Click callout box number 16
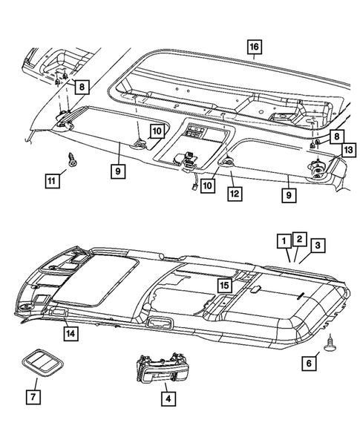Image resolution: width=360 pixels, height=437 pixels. point(254,47)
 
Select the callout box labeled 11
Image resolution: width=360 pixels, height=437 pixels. point(52,181)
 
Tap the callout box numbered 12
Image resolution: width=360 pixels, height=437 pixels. point(235,194)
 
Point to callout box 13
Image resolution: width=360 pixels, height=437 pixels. point(348,151)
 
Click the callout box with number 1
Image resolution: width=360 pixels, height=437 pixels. point(284,241)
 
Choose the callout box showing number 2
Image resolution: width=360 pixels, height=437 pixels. point(299,239)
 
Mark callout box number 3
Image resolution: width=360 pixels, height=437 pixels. point(318,246)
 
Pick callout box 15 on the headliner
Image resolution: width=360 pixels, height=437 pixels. point(225,285)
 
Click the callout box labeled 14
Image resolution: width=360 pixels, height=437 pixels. point(71,334)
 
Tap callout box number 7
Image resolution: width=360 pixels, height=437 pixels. point(33,397)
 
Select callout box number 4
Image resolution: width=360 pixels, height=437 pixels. point(168,399)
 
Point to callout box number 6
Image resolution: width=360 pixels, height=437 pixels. point(309,363)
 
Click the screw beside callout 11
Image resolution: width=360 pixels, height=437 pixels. point(72,160)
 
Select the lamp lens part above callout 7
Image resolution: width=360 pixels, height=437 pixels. point(42,362)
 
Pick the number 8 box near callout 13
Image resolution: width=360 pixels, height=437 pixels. point(337,137)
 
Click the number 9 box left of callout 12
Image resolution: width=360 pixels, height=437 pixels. point(118,171)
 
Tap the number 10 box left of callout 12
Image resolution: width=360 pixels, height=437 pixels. point(208,185)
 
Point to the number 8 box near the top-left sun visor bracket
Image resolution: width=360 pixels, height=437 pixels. point(82,87)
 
